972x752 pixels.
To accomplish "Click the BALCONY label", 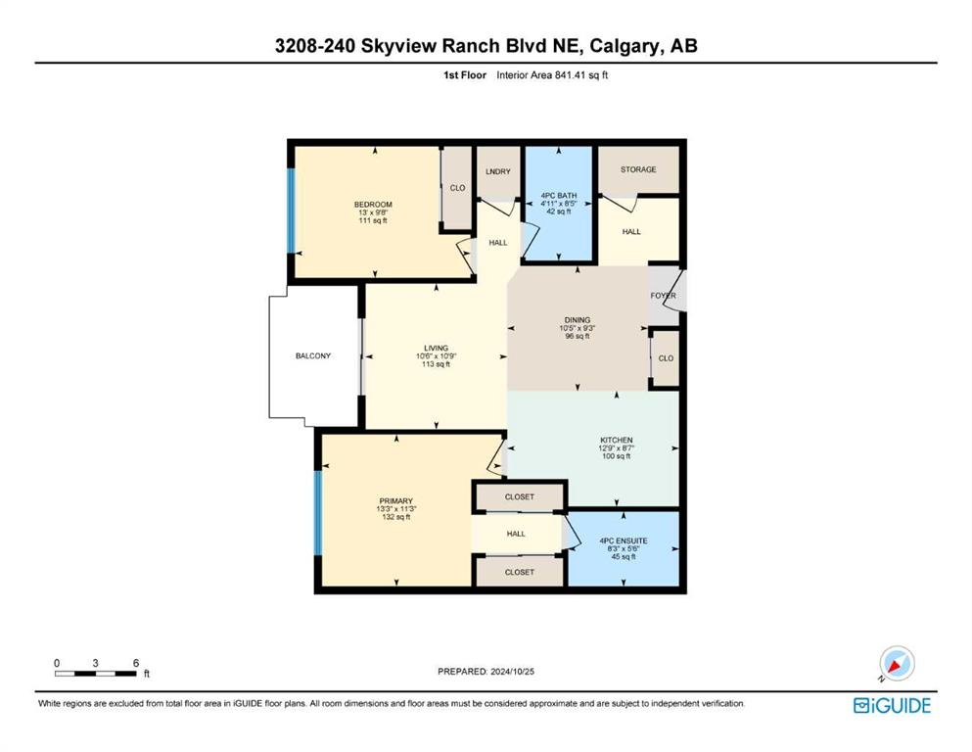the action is click(x=313, y=355).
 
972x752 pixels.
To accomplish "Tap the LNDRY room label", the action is click(x=498, y=171).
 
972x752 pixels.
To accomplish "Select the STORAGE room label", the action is click(x=638, y=169).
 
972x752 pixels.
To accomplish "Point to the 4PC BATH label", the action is click(x=559, y=195).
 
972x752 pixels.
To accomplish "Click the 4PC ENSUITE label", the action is click(x=624, y=540).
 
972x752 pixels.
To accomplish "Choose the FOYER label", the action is click(x=663, y=296).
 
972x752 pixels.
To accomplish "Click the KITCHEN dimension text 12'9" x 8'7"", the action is click(x=616, y=448).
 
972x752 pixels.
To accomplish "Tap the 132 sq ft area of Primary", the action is click(x=396, y=517).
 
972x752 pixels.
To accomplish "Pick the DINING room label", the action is click(x=578, y=320).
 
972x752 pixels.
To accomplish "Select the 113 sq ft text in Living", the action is click(x=436, y=364).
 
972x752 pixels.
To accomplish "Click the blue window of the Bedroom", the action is click(x=290, y=211).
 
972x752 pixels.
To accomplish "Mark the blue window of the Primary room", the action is click(x=318, y=513).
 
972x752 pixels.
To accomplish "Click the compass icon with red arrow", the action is click(x=897, y=663).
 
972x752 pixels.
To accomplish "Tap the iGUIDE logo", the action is click(x=892, y=706).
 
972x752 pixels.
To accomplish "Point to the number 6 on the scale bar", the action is click(x=136, y=663).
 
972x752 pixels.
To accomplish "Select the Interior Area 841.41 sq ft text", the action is click(x=552, y=75).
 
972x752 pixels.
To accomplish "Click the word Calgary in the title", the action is click(x=625, y=46).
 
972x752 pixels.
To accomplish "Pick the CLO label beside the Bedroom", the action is click(x=457, y=188).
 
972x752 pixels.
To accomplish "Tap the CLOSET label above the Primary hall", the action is click(x=520, y=496).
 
